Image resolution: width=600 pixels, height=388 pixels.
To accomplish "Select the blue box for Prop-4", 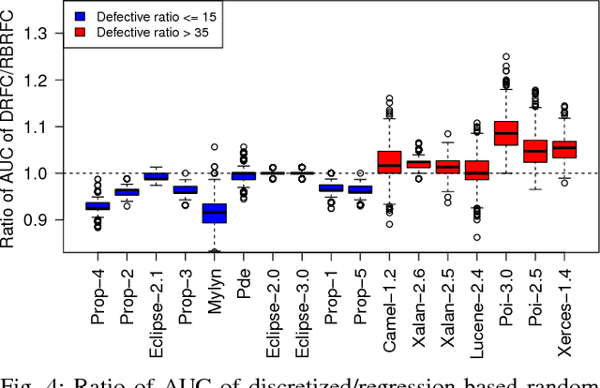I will [98, 205].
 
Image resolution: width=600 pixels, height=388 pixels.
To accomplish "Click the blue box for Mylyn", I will [215, 214].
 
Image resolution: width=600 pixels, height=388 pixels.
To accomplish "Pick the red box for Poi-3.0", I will [506, 132].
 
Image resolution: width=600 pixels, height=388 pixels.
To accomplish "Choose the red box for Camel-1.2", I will [389, 161].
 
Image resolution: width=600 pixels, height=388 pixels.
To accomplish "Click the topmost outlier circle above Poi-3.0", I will [506, 56].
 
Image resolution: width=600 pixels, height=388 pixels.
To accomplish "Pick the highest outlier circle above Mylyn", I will [215, 147].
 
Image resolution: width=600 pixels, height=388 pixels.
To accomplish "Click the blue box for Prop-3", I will [186, 189].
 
